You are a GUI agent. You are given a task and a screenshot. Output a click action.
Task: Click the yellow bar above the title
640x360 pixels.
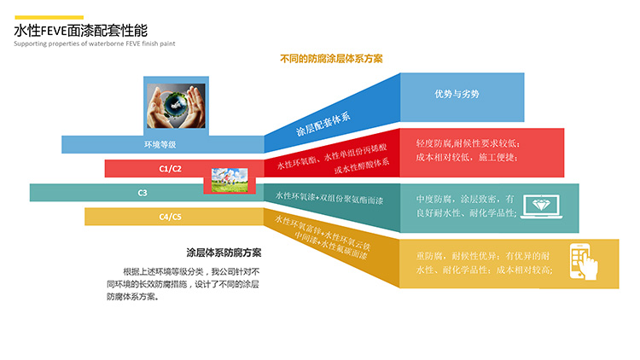click(x=49, y=18)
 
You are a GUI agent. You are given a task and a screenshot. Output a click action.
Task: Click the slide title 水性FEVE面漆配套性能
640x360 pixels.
click(x=81, y=31)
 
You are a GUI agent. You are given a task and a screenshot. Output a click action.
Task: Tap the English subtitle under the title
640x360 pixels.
click(x=94, y=44)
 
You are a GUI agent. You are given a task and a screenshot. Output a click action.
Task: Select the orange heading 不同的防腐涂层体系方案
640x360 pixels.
click(x=331, y=59)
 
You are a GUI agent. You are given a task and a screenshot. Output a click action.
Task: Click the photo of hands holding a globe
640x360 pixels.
click(x=177, y=106)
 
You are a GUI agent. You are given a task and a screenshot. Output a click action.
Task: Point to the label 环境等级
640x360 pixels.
click(x=160, y=144)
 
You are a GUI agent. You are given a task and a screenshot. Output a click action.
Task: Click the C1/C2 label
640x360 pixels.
click(x=170, y=169)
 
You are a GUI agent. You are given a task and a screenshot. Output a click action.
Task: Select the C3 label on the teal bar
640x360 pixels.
click(x=143, y=193)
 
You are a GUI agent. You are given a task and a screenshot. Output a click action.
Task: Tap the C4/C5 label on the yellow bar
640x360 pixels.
click(x=170, y=217)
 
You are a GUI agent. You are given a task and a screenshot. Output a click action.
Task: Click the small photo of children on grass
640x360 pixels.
click(x=230, y=180)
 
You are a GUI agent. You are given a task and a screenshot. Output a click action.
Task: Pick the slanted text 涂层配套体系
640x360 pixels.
click(x=323, y=124)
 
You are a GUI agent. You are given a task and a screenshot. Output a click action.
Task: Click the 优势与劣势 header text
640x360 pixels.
click(x=457, y=95)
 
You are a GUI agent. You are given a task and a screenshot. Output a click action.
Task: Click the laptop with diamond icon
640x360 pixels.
click(x=541, y=206)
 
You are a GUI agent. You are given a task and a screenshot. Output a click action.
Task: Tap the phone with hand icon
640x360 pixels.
click(x=584, y=262)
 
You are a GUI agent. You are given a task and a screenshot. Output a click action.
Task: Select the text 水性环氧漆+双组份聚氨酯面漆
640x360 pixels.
click(x=329, y=198)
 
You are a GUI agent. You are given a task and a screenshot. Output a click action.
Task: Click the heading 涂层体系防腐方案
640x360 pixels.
click(x=224, y=253)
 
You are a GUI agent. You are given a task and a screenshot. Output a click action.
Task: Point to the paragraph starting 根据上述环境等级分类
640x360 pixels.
click(x=183, y=284)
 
